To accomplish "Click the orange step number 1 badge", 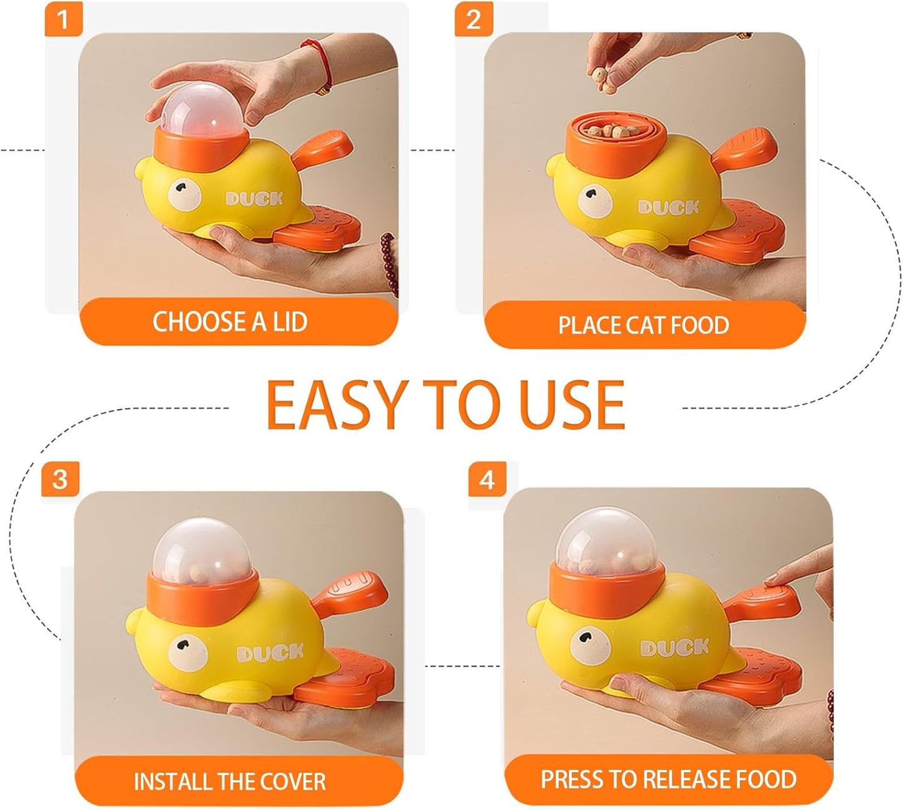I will coord(63,19).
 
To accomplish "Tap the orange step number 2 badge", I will coord(473,19).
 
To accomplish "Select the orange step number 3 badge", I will coord(60,480).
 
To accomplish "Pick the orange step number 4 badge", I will coord(487,480).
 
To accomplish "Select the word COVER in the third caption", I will coord(293,782).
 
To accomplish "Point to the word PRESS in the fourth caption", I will coord(572,780).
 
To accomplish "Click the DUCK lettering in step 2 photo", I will coord(668,208).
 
